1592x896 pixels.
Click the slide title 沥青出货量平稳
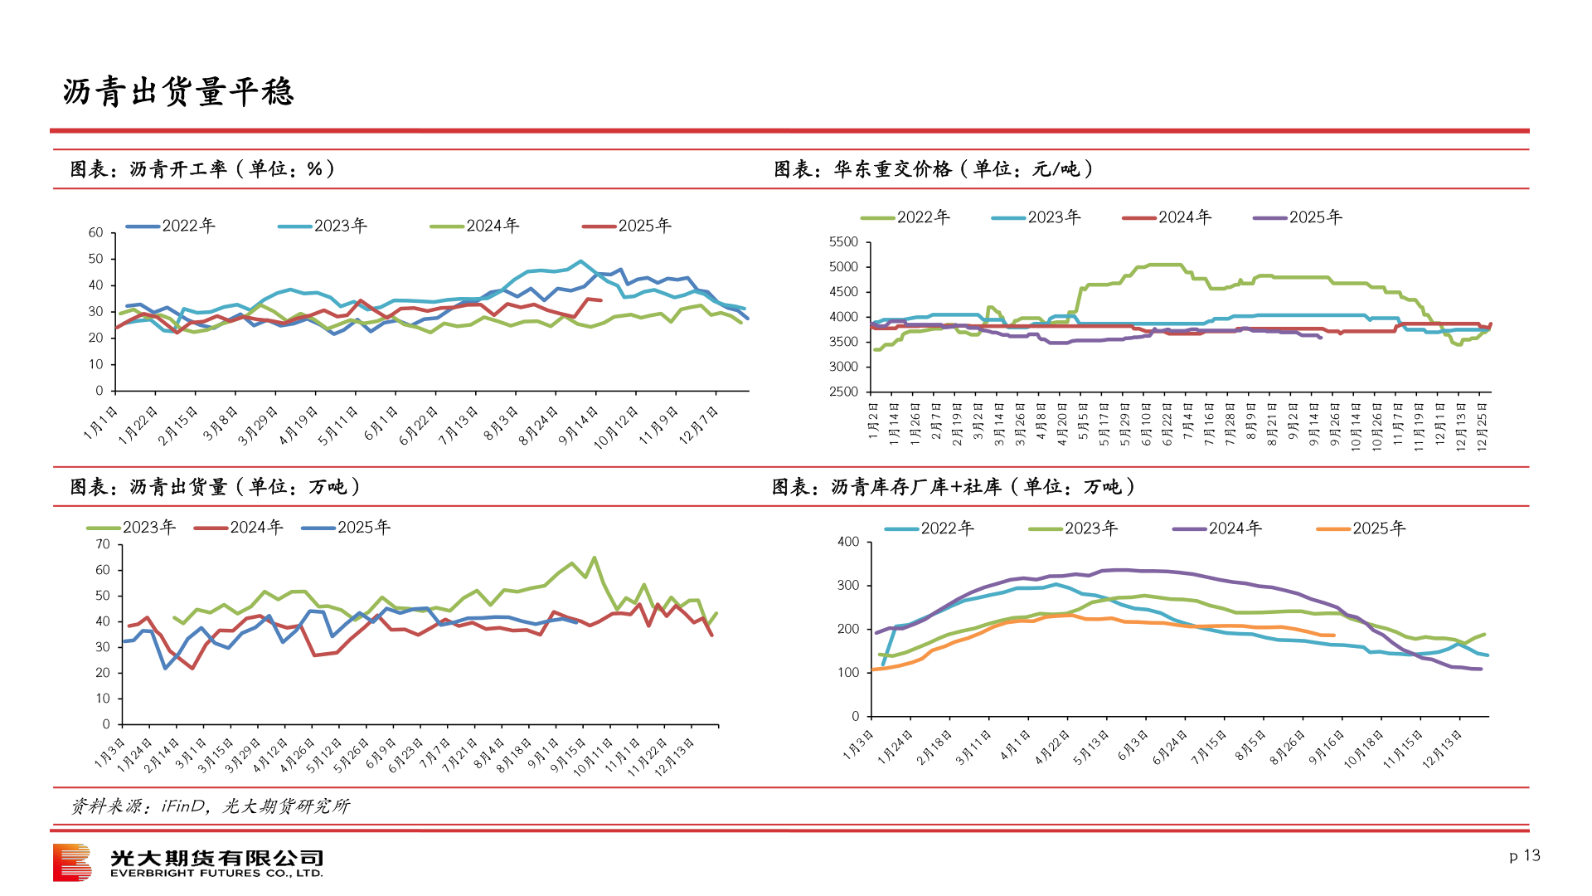[x=178, y=91]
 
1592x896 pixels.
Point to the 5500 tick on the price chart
[x=843, y=242]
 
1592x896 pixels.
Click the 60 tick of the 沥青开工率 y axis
[x=96, y=233]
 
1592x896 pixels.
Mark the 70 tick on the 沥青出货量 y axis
[x=103, y=545]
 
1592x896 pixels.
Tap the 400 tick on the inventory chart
[x=848, y=542]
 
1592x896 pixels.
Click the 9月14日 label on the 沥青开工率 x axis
[x=579, y=426]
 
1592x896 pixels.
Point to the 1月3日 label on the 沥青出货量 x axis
[x=110, y=752]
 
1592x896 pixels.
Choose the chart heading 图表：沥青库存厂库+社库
[x=954, y=487]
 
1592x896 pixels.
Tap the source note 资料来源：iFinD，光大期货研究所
[x=211, y=806]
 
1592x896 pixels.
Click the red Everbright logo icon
[x=72, y=863]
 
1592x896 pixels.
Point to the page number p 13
[x=1524, y=855]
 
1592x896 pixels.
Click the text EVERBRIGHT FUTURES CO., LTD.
[x=216, y=874]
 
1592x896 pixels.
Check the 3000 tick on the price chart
[x=843, y=367]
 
